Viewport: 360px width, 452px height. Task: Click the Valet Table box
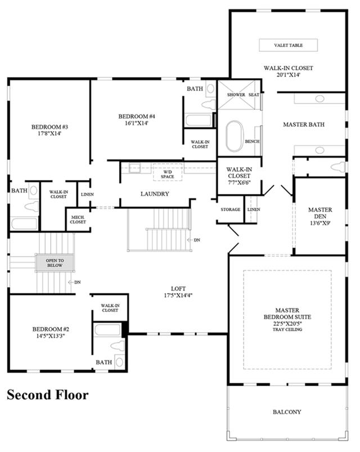289,45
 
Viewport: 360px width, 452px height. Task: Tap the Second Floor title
47,395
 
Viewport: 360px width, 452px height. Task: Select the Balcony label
287,412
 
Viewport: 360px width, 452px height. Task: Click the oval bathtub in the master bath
235,136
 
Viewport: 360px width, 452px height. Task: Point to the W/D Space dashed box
168,172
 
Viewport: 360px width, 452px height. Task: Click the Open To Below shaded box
55,263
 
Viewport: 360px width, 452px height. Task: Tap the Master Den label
320,213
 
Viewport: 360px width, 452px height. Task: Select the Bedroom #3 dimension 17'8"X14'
49,133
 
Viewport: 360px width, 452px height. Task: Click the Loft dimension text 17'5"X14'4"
178,295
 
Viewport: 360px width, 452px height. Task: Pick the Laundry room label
155,194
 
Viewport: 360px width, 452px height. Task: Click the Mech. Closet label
78,220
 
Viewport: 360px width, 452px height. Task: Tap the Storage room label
231,209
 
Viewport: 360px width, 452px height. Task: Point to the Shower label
236,95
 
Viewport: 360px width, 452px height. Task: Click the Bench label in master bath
252,141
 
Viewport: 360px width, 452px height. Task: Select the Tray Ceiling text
287,329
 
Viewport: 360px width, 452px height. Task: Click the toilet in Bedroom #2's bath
118,346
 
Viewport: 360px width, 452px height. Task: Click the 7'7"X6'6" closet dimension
239,182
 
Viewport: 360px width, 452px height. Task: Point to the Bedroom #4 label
137,117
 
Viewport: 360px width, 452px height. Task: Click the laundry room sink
134,168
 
